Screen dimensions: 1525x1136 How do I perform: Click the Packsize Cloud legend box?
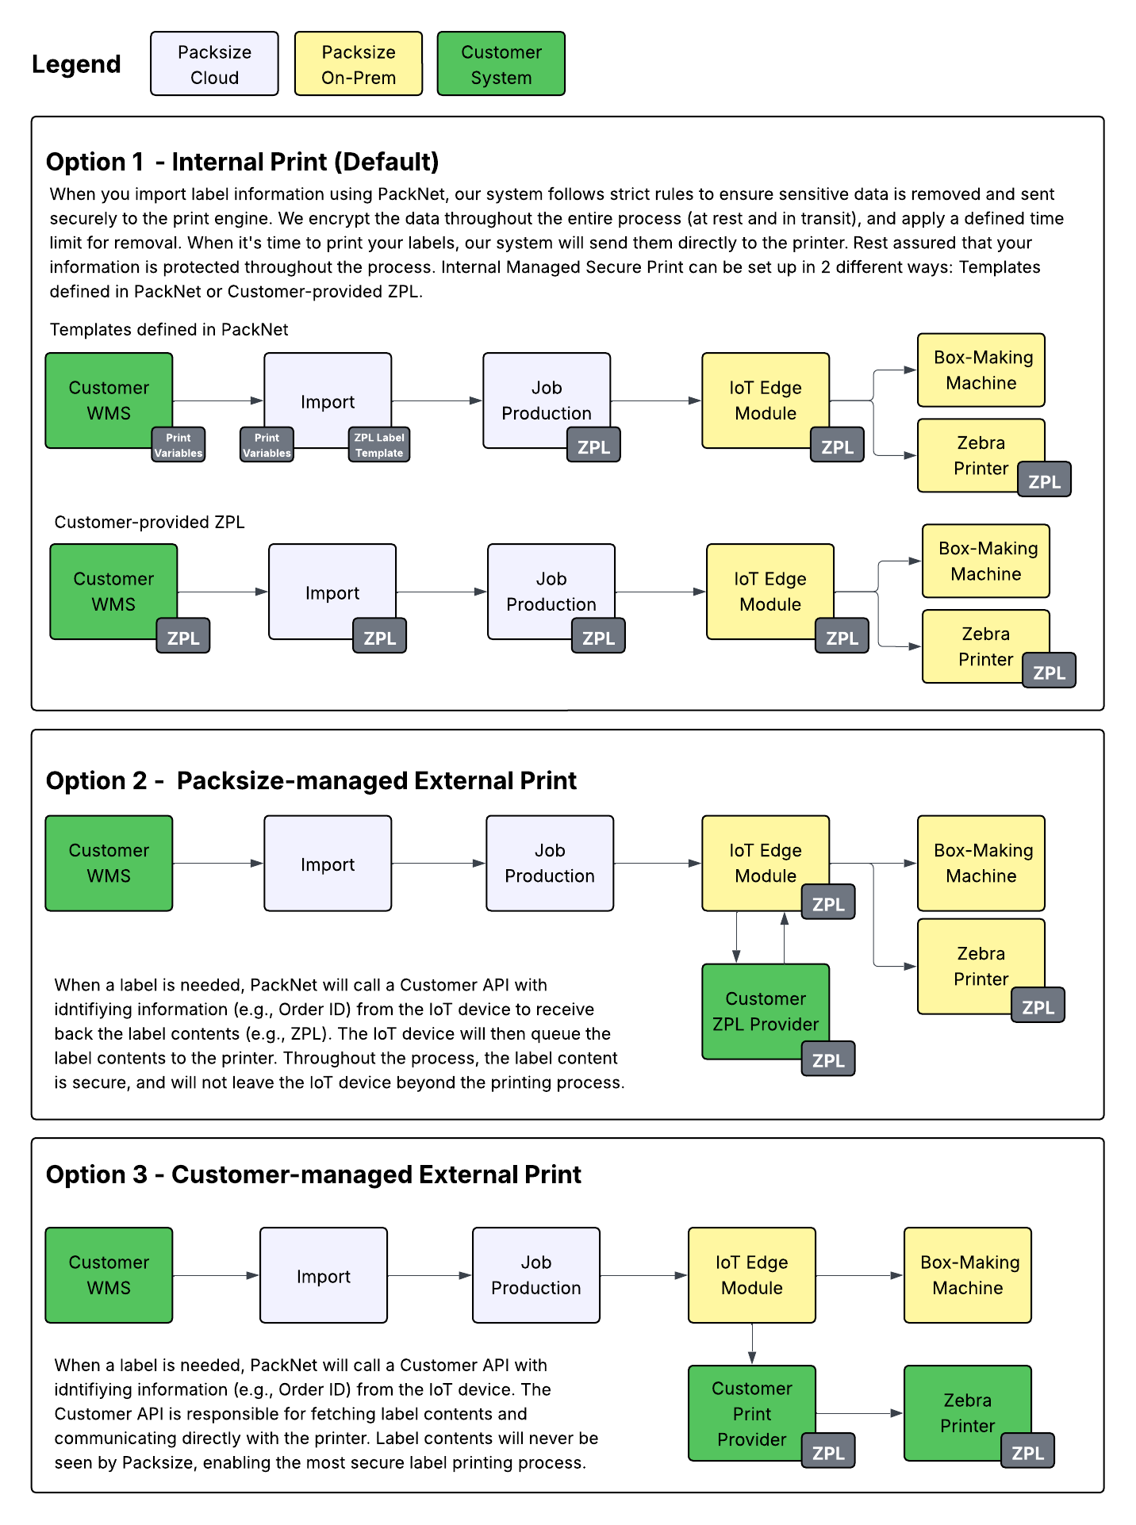(214, 64)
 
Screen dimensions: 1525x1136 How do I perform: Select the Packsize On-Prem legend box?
(358, 64)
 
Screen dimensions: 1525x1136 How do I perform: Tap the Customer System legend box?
(501, 64)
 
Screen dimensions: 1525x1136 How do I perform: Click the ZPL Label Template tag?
(379, 445)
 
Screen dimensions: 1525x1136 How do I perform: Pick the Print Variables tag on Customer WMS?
(178, 445)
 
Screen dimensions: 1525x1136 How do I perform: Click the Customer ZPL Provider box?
(765, 1010)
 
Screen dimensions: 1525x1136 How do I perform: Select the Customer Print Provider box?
(751, 1412)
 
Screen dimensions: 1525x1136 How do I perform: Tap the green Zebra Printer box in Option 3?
(967, 1412)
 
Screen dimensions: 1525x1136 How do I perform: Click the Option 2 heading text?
(311, 780)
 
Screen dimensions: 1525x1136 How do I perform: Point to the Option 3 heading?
(313, 1174)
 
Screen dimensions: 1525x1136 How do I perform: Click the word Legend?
(76, 64)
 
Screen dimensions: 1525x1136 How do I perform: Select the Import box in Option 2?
(328, 864)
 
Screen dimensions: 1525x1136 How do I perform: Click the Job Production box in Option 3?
(535, 1275)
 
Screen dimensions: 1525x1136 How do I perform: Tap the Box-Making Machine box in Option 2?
(981, 863)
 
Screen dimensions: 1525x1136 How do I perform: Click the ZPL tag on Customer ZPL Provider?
(828, 1059)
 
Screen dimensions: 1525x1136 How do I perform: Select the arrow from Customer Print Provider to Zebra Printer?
(859, 1413)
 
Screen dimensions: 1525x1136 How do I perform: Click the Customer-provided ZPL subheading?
(149, 522)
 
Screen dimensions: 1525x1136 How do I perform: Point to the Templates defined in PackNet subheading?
(169, 329)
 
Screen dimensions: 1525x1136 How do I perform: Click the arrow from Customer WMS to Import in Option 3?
(216, 1275)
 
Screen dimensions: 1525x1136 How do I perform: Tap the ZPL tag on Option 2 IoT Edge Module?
(828, 903)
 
